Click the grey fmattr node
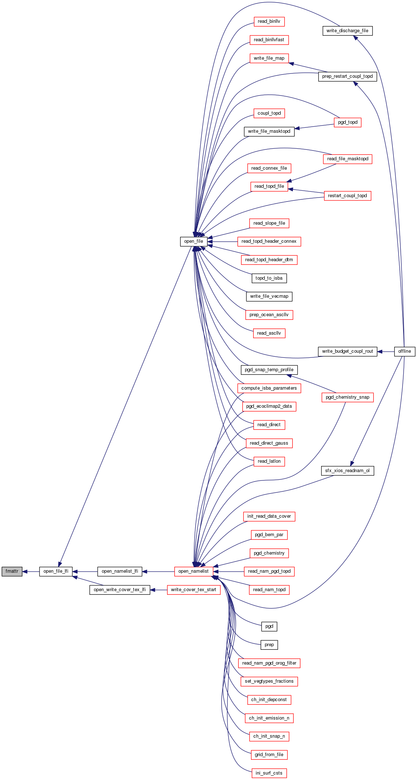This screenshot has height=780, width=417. (12, 571)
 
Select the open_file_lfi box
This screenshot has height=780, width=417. (56, 571)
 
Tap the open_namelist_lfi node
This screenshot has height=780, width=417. (120, 571)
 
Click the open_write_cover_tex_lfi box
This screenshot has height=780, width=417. (120, 590)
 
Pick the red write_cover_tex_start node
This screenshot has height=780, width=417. (193, 590)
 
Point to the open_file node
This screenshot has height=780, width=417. (193, 241)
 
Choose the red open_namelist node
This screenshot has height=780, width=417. (193, 571)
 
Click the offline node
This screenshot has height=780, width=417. (404, 351)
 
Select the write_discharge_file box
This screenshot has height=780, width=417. (347, 31)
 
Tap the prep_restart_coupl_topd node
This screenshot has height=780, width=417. (347, 76)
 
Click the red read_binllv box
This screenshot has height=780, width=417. (269, 21)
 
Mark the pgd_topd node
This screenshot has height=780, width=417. (348, 122)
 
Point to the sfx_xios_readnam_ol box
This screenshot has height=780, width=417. (347, 471)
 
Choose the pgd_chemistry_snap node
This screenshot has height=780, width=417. (348, 397)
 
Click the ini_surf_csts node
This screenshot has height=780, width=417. (269, 773)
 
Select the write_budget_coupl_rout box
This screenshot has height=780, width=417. (347, 351)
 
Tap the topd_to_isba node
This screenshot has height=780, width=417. (269, 278)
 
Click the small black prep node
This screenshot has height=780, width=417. (269, 645)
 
